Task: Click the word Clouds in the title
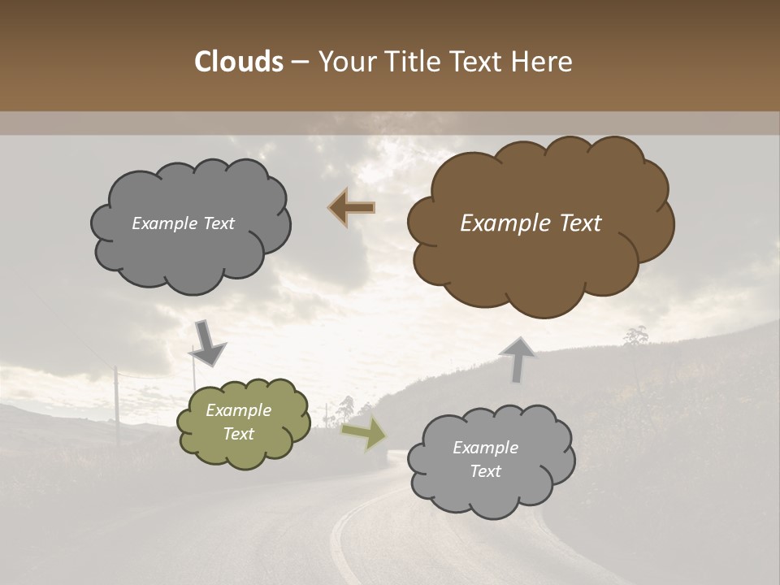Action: pyautogui.click(x=238, y=62)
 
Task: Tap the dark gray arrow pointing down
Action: pyautogui.click(x=208, y=344)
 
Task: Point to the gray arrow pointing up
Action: pyautogui.click(x=518, y=359)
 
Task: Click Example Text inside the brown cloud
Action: pyautogui.click(x=531, y=223)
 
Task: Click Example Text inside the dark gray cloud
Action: pyautogui.click(x=183, y=223)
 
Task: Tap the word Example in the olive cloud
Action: pyautogui.click(x=238, y=410)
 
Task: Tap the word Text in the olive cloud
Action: pyautogui.click(x=238, y=434)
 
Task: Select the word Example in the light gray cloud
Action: pyautogui.click(x=485, y=448)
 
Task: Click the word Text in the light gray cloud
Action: pyautogui.click(x=485, y=471)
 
